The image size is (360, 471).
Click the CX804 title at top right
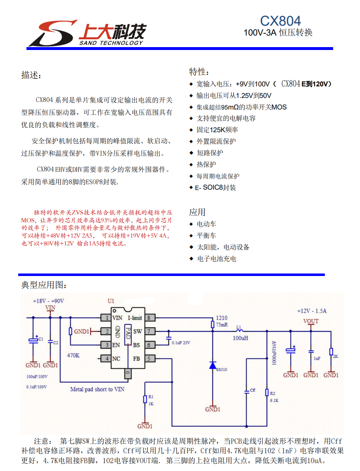click(280, 21)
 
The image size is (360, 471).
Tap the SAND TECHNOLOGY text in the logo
click(111, 43)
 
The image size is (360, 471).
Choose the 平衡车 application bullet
click(206, 235)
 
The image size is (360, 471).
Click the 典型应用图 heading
click(43, 285)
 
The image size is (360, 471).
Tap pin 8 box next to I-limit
click(149, 318)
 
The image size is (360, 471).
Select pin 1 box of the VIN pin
click(107, 318)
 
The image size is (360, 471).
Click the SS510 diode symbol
click(212, 365)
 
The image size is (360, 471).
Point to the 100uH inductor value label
click(240, 338)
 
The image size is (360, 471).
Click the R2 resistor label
click(273, 393)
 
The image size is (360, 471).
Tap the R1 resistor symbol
click(145, 399)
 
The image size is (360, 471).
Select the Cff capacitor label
click(253, 390)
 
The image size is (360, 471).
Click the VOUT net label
click(311, 321)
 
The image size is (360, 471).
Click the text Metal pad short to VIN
click(97, 389)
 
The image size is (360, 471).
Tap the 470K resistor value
click(73, 355)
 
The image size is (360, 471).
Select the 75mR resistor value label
click(222, 325)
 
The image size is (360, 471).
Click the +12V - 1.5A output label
click(312, 311)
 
